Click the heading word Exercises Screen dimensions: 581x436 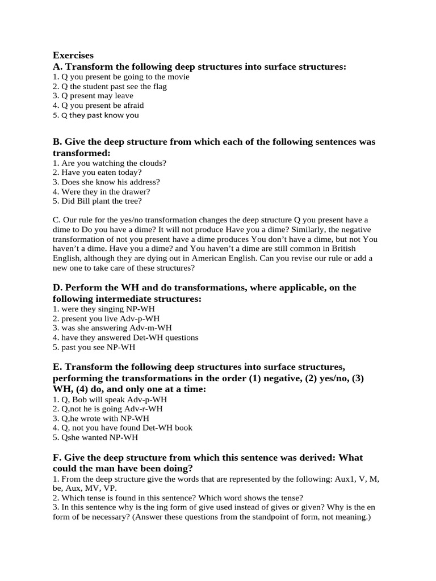click(x=73, y=56)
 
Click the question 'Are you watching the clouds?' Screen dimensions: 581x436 click(x=109, y=163)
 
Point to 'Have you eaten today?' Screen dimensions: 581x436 click(x=97, y=172)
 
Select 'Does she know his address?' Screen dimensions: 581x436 click(x=106, y=182)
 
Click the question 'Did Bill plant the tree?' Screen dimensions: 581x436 click(x=97, y=201)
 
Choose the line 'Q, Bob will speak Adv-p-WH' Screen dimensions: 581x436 click(x=110, y=399)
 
